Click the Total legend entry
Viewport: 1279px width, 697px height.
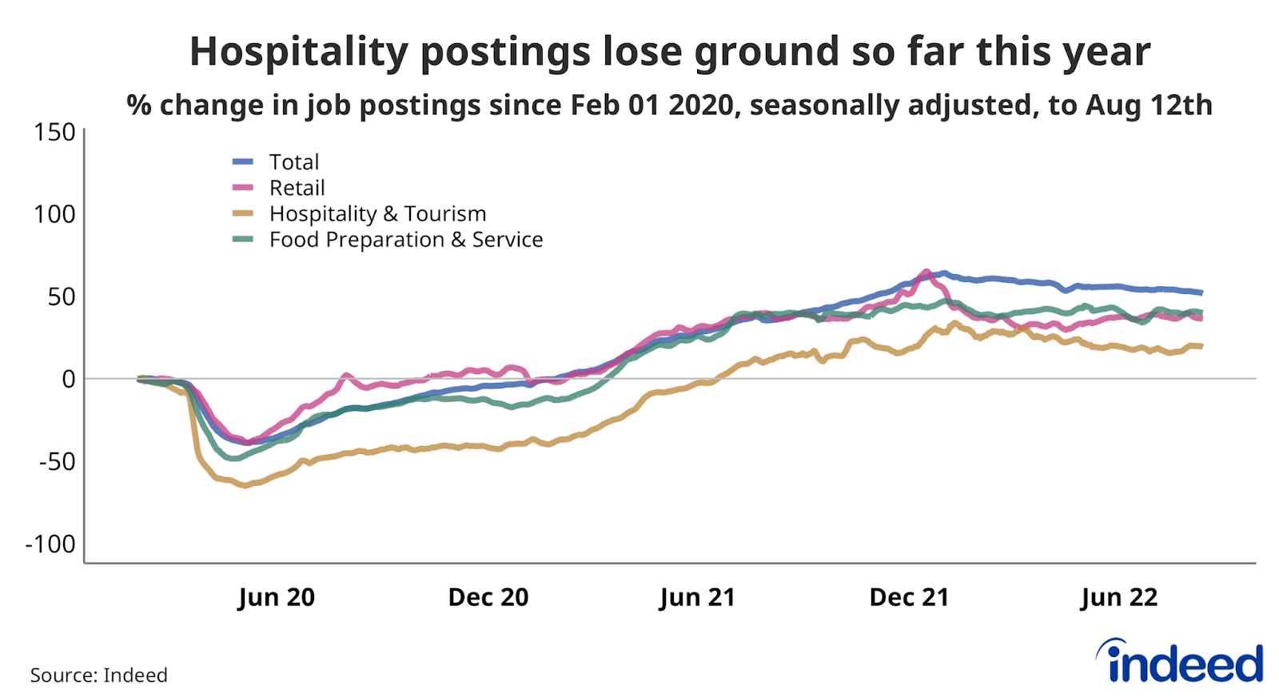point(293,162)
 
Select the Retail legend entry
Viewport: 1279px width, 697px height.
point(297,188)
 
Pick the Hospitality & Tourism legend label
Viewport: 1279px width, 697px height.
point(377,214)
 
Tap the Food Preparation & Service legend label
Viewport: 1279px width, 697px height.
point(405,240)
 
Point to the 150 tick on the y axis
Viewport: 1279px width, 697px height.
point(54,132)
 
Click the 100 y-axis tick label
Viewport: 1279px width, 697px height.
point(54,214)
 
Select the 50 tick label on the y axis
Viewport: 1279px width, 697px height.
point(61,297)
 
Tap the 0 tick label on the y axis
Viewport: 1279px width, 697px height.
point(69,379)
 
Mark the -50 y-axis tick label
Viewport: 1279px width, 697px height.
point(57,461)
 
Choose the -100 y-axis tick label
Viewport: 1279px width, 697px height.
point(50,544)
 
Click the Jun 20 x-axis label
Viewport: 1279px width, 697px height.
point(277,597)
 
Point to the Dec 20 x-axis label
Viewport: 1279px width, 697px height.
point(488,597)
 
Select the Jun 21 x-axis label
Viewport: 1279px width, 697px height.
point(697,597)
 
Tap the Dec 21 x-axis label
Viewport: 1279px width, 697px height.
point(909,597)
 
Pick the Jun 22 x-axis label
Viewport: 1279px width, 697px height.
point(1119,597)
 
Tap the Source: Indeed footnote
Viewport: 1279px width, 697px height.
point(99,675)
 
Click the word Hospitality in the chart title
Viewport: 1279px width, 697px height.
point(299,52)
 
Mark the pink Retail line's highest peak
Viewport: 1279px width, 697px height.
point(926,271)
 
